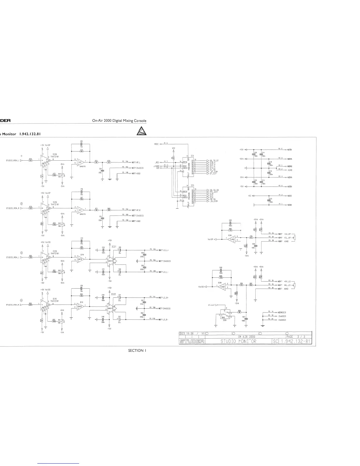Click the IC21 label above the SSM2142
tap(114, 246)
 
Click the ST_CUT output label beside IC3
tap(213, 174)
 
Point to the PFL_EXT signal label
tap(214, 192)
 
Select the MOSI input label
tap(156, 144)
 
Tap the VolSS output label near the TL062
tap(201, 287)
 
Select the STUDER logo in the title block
tap(191, 342)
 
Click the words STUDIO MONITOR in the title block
tap(239, 342)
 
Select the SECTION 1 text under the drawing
tap(137, 350)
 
